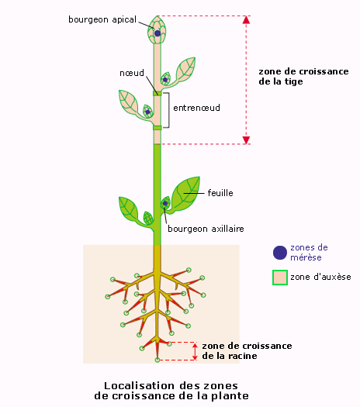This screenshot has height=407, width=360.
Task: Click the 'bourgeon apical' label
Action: click(x=102, y=19)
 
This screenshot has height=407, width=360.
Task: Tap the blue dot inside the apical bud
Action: click(x=157, y=33)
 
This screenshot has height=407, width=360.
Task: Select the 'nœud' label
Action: click(x=132, y=73)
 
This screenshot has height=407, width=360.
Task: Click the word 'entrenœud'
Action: click(x=196, y=108)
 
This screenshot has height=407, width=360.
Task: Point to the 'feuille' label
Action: click(x=220, y=193)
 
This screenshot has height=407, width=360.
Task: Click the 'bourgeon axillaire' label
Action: click(x=206, y=229)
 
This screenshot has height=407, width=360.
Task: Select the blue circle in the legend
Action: click(x=280, y=253)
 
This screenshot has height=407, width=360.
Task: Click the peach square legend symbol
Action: click(x=280, y=278)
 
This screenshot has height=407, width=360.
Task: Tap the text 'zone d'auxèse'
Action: click(x=320, y=277)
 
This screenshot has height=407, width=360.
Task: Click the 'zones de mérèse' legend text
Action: click(x=309, y=252)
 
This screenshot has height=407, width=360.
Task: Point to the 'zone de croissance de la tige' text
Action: click(x=303, y=76)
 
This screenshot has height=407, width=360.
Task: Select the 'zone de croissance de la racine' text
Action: click(x=247, y=350)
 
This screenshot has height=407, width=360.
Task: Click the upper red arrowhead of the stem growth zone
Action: click(x=246, y=19)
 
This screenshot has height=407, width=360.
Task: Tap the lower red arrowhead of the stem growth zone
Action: click(x=246, y=140)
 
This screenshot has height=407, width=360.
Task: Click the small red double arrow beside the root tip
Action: click(x=195, y=351)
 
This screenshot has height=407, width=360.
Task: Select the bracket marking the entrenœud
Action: click(x=169, y=110)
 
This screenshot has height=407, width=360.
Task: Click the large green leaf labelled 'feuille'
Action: click(x=185, y=192)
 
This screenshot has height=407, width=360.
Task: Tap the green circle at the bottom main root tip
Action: click(x=157, y=360)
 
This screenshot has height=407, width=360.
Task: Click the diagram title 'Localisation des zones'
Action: click(x=171, y=386)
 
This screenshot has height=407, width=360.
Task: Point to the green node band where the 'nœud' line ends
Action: click(x=157, y=93)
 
